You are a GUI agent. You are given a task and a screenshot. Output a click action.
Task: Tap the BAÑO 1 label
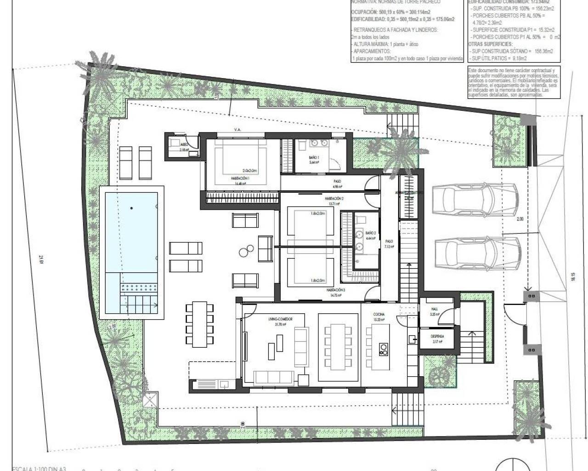314,157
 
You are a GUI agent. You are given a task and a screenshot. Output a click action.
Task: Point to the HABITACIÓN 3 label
335,290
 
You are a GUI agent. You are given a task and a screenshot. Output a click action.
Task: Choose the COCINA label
379,315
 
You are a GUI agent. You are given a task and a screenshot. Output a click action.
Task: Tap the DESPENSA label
437,336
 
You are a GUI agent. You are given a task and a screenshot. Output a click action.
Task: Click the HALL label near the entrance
434,310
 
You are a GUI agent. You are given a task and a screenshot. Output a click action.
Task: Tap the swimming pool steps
139,302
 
